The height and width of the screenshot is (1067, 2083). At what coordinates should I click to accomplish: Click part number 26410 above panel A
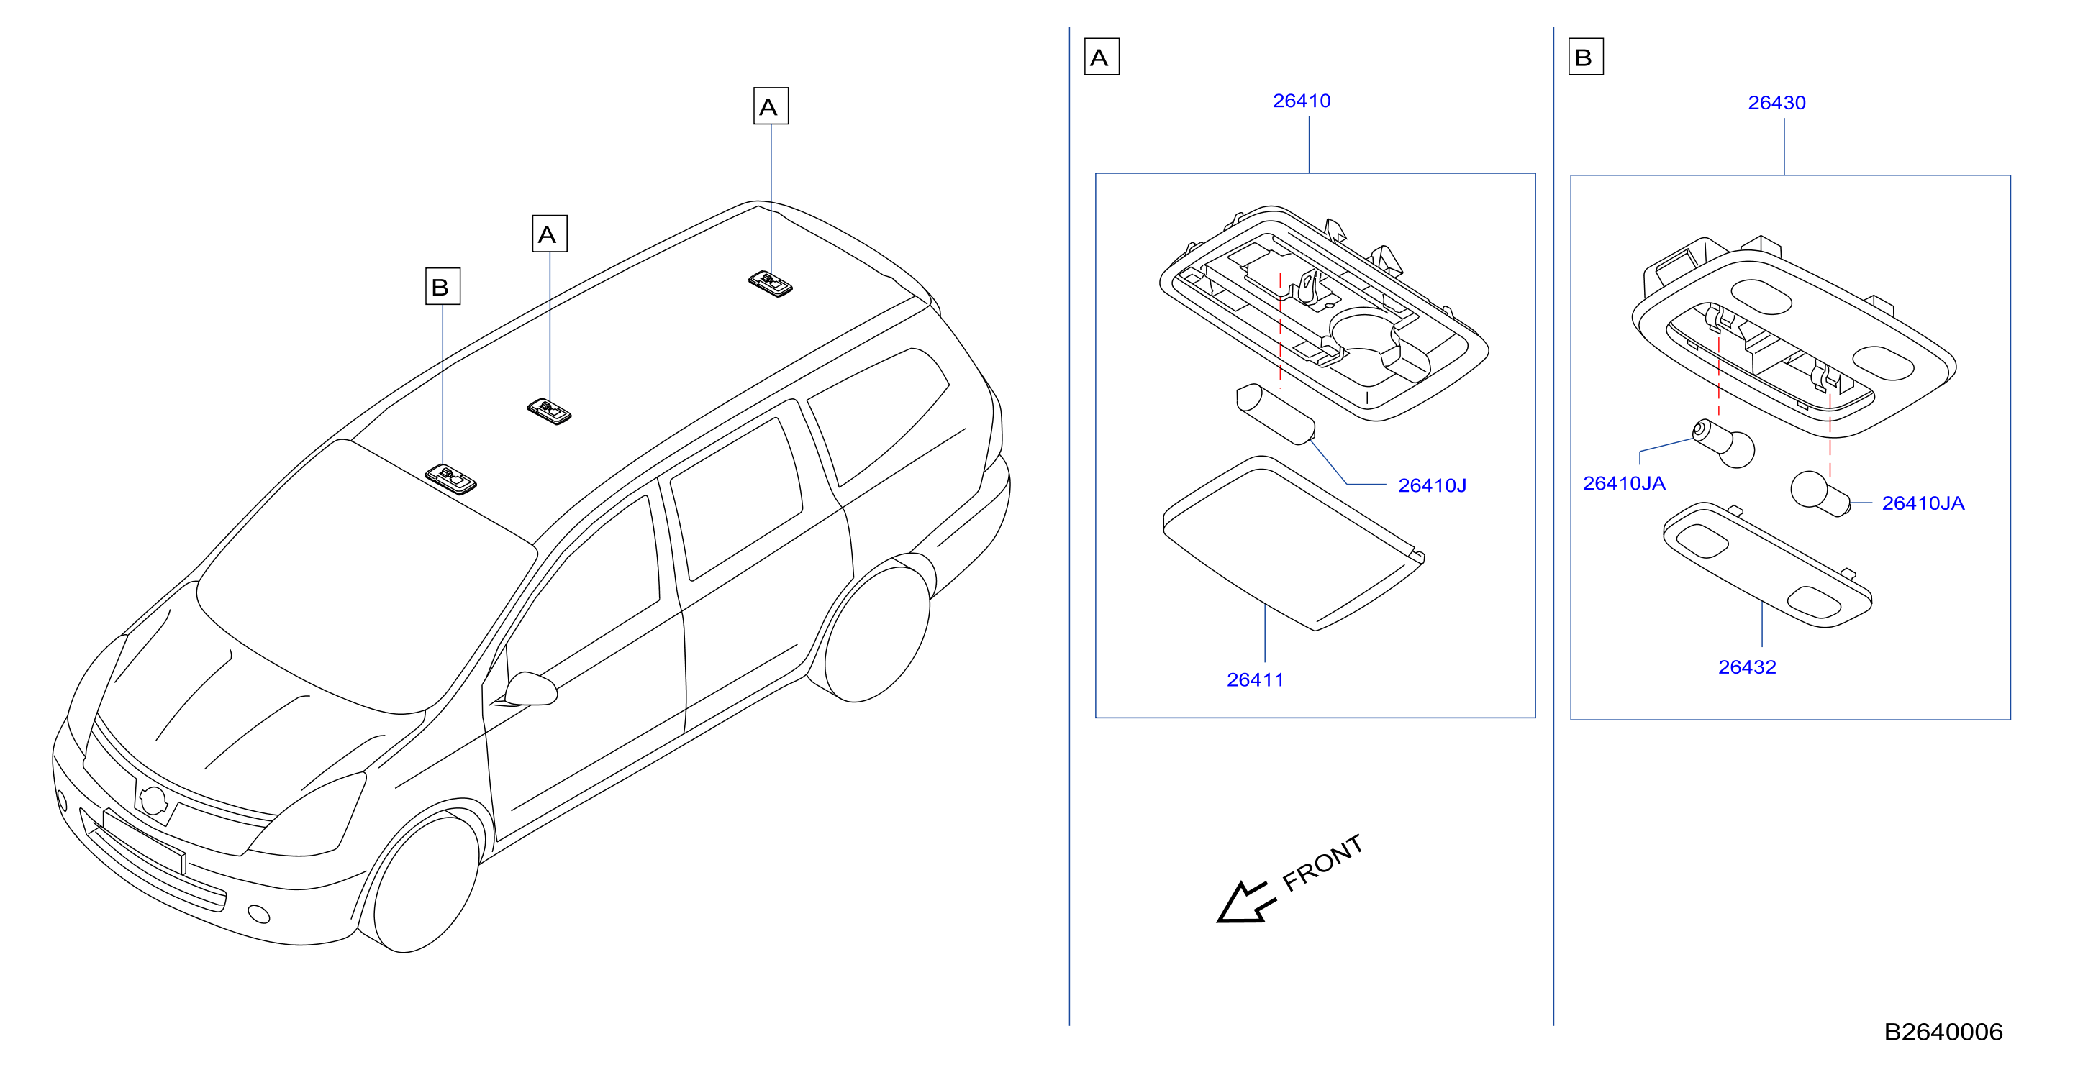point(1301,101)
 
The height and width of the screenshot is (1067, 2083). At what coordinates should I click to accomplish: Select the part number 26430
point(1776,103)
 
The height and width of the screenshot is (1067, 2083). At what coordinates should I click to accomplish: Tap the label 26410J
point(1432,486)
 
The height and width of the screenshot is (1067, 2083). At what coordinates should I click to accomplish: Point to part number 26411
point(1255,679)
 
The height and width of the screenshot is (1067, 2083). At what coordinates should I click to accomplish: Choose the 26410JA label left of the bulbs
point(1624,483)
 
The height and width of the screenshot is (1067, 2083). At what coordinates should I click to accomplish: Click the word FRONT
point(1324,863)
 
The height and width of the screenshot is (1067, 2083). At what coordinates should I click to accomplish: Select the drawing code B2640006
point(1943,1032)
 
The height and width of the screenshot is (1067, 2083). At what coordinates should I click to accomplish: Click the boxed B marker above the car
point(443,286)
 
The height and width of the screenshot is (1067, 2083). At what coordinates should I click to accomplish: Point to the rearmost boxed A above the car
point(771,106)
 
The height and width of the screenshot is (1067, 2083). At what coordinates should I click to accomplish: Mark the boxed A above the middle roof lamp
point(549,234)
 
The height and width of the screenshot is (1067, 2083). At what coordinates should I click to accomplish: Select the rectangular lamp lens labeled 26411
point(1293,543)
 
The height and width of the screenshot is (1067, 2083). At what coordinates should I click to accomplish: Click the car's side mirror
point(530,689)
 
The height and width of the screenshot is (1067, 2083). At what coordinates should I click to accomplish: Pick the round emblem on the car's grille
point(152,800)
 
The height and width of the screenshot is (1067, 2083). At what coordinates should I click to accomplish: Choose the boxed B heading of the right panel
point(1586,57)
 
